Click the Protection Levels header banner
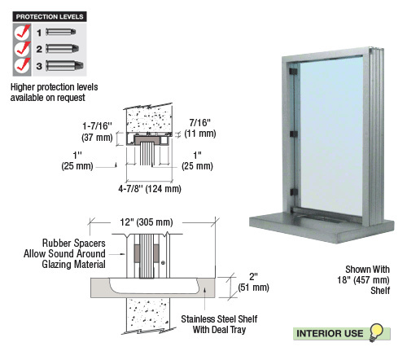click(x=50, y=16)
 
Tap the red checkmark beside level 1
click(x=23, y=32)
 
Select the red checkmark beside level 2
click(x=23, y=48)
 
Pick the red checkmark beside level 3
click(x=23, y=65)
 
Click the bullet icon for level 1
click(x=61, y=32)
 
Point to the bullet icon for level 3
click(x=64, y=66)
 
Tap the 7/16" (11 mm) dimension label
click(x=200, y=128)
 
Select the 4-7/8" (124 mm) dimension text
click(x=150, y=189)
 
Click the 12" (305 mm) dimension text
click(x=147, y=222)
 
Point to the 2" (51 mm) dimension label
click(x=253, y=282)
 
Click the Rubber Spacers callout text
click(x=64, y=253)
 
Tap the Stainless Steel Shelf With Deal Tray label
click(x=219, y=324)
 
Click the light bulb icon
click(x=376, y=331)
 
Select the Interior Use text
click(x=330, y=333)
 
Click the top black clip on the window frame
click(x=293, y=72)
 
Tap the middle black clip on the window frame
click(x=294, y=134)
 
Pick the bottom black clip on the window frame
click(x=294, y=192)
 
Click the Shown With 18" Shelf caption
click(x=364, y=280)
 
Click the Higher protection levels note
click(x=54, y=92)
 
